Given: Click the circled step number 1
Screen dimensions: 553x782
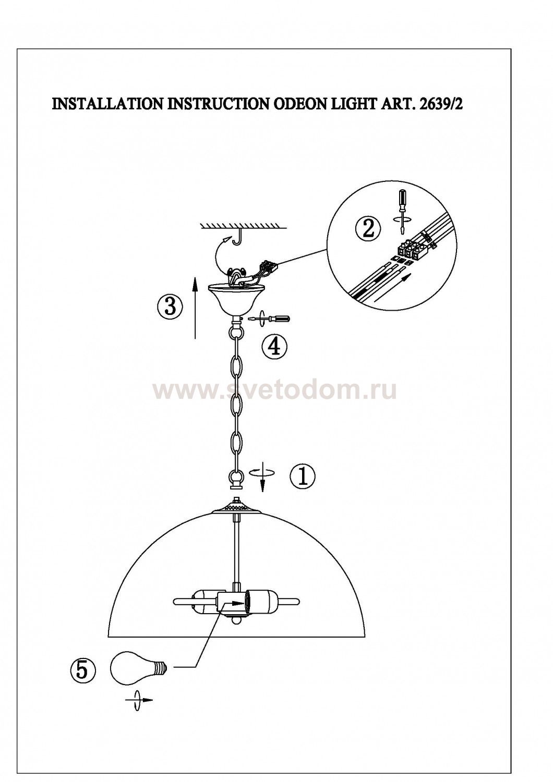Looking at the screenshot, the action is pos(303,477).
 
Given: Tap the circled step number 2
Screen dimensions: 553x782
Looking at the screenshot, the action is pos(368,229).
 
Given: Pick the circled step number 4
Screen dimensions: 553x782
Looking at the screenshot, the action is pos(274,347).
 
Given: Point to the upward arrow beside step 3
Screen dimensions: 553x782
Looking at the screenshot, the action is pos(195,307).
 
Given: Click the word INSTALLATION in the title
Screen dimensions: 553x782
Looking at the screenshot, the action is pos(107,104).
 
